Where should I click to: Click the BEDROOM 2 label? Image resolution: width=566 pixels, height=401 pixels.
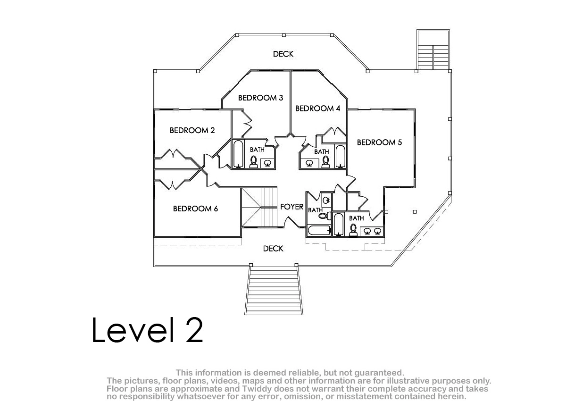coord(192,130)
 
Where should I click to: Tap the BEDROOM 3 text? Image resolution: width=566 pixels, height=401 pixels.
coord(260,98)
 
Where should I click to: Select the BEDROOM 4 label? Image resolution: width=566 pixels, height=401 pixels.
coord(317,109)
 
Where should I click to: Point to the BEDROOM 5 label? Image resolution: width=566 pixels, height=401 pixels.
coord(379,142)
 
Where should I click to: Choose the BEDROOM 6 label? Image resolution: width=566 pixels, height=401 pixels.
coord(195,209)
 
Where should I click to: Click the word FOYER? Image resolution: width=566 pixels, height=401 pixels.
coord(292,207)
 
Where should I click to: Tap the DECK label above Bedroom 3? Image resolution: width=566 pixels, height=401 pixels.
coord(283,54)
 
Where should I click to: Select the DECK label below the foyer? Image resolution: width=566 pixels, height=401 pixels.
coord(273,249)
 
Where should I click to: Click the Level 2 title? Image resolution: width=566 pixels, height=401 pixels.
coord(147,330)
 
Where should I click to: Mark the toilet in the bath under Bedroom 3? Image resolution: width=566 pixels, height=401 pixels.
coord(253,162)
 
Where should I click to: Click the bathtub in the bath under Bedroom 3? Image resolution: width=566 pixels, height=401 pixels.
coord(238,154)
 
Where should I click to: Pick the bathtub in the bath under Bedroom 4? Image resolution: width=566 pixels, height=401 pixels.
coord(341,157)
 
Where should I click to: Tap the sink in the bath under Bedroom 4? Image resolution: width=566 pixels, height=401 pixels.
coord(309,163)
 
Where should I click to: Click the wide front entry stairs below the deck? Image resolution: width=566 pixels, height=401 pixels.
coord(274,291)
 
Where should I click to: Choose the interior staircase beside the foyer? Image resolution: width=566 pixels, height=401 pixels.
coord(259,207)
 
